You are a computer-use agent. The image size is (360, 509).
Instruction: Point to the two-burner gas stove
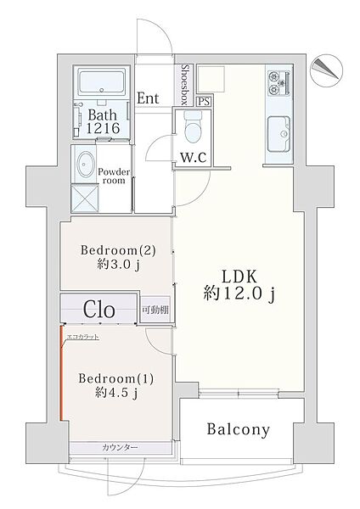pyautogui.click(x=279, y=83)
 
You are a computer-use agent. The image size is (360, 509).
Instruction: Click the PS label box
pyautogui.click(x=204, y=101)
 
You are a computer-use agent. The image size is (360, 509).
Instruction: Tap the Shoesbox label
pyautogui.click(x=185, y=84)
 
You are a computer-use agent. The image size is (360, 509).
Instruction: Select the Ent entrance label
pyautogui.click(x=148, y=98)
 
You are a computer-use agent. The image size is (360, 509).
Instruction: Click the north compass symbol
pyautogui.click(x=326, y=69)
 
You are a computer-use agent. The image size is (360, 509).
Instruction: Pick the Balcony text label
pyautogui.click(x=238, y=429)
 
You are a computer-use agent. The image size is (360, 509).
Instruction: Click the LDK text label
pyautogui.click(x=239, y=277)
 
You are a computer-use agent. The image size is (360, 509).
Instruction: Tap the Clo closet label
pyautogui.click(x=99, y=310)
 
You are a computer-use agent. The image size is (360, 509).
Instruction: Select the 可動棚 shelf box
pyautogui.click(x=155, y=310)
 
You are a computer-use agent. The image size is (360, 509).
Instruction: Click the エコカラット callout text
pyautogui.click(x=82, y=337)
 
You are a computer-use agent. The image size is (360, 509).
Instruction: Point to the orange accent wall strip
pyautogui.click(x=61, y=373)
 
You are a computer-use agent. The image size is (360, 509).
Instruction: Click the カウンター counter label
pyautogui.click(x=120, y=448)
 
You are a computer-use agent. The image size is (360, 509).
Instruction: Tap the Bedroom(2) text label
pyautogui.click(x=118, y=250)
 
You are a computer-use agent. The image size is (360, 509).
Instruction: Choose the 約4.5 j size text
pyautogui.click(x=117, y=393)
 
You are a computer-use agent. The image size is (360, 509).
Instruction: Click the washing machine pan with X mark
pyautogui.click(x=85, y=198)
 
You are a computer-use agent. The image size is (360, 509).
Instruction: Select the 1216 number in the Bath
pyautogui.click(x=103, y=129)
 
